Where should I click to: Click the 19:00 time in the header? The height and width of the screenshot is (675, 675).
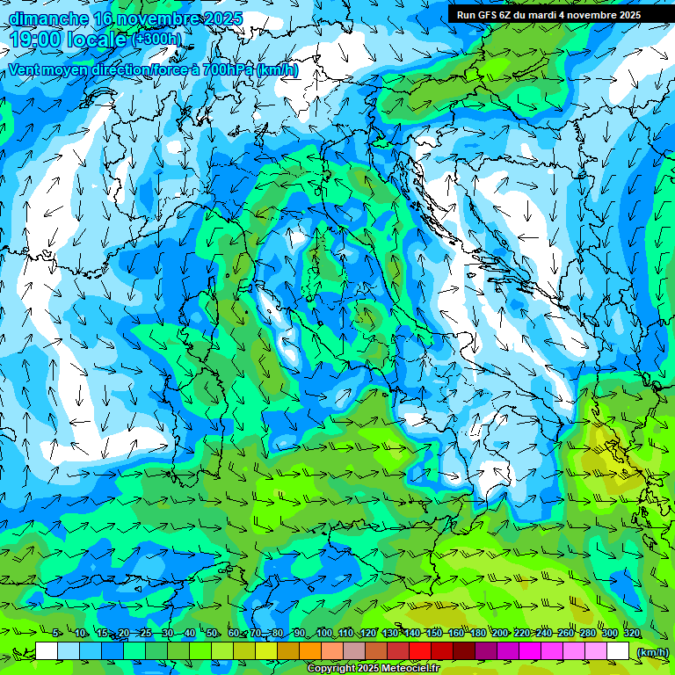(x=35, y=40)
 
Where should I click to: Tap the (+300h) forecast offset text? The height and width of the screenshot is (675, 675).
(x=158, y=40)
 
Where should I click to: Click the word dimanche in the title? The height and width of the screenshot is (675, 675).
(x=48, y=18)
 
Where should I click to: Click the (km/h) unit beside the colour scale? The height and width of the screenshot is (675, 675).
(x=652, y=652)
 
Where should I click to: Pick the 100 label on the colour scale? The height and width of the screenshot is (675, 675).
(x=324, y=634)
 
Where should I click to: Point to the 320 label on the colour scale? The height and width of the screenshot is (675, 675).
(x=632, y=634)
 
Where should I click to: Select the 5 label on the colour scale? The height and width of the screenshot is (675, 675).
(x=55, y=634)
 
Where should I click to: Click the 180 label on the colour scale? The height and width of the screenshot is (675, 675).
(x=478, y=634)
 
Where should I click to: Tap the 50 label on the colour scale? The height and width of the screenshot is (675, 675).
(x=212, y=634)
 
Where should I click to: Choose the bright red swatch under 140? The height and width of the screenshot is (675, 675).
(x=420, y=651)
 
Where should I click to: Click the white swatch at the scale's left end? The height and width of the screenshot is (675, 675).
(x=47, y=651)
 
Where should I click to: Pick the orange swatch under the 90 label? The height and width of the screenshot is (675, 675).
(x=310, y=651)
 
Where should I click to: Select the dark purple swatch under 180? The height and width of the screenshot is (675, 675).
(x=486, y=651)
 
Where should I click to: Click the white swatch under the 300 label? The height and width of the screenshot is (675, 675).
(x=618, y=651)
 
